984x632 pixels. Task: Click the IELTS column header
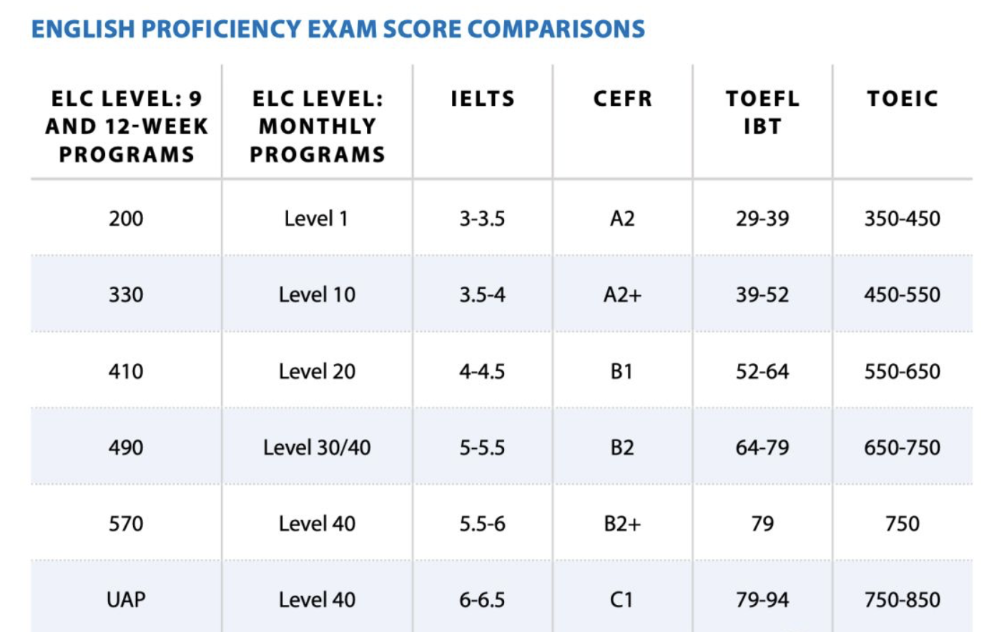pyautogui.click(x=483, y=99)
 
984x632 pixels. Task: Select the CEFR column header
pyautogui.click(x=623, y=99)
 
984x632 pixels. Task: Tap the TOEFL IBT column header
pyautogui.click(x=762, y=112)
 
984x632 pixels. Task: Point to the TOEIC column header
pyautogui.click(x=902, y=99)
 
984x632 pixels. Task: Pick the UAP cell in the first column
pyautogui.click(x=126, y=599)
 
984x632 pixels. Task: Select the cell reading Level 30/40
pyautogui.click(x=317, y=448)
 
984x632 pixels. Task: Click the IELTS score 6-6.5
pyautogui.click(x=482, y=599)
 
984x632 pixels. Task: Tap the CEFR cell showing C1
pyautogui.click(x=621, y=599)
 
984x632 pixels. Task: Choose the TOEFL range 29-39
pyautogui.click(x=762, y=218)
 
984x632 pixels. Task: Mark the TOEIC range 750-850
pyautogui.click(x=902, y=599)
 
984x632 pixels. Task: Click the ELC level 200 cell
pyautogui.click(x=126, y=218)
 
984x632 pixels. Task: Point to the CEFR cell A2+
pyautogui.click(x=622, y=295)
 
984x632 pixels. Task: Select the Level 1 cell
pyautogui.click(x=316, y=218)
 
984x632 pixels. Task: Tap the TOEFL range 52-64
pyautogui.click(x=762, y=371)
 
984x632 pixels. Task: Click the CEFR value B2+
pyautogui.click(x=622, y=523)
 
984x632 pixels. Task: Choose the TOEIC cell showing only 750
pyautogui.click(x=902, y=523)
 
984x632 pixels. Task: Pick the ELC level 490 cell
pyautogui.click(x=126, y=448)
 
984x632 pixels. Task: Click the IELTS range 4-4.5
pyautogui.click(x=482, y=371)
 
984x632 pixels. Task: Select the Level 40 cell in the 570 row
pyautogui.click(x=317, y=523)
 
